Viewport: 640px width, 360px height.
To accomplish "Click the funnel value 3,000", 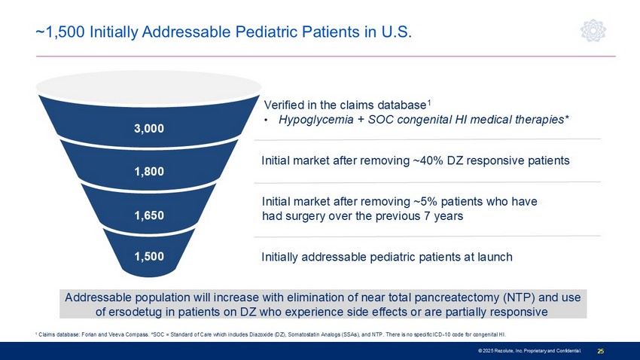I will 150,129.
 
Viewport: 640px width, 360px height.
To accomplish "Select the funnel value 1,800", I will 150,172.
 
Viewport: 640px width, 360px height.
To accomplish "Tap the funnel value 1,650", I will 150,215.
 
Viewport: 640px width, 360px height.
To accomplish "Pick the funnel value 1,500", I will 150,257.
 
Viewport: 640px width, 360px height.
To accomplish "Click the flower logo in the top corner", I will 593,32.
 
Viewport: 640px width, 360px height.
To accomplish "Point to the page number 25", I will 601,352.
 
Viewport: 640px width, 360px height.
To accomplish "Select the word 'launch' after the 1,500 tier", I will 494,257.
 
